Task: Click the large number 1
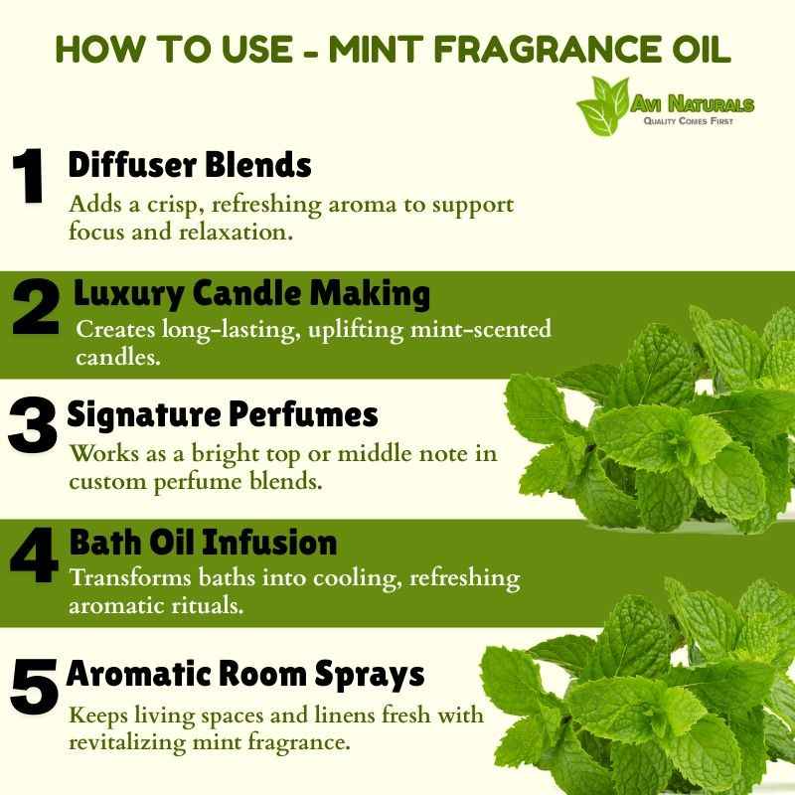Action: tap(29, 176)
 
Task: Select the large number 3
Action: tap(32, 424)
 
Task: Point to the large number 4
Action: tap(34, 555)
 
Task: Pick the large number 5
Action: tap(34, 686)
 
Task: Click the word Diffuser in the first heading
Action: tap(132, 164)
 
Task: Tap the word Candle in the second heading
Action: tap(246, 293)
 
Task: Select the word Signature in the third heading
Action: tap(143, 415)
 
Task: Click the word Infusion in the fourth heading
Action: tap(269, 543)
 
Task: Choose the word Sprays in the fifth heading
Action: tap(369, 676)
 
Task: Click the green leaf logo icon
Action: tap(602, 105)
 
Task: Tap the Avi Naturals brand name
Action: tap(692, 104)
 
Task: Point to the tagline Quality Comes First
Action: tap(688, 121)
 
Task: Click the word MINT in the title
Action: tap(376, 50)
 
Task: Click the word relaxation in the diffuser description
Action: tap(236, 232)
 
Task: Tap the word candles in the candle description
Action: tap(118, 357)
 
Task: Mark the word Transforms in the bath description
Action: tap(130, 577)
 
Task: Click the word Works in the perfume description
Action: tap(104, 453)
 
